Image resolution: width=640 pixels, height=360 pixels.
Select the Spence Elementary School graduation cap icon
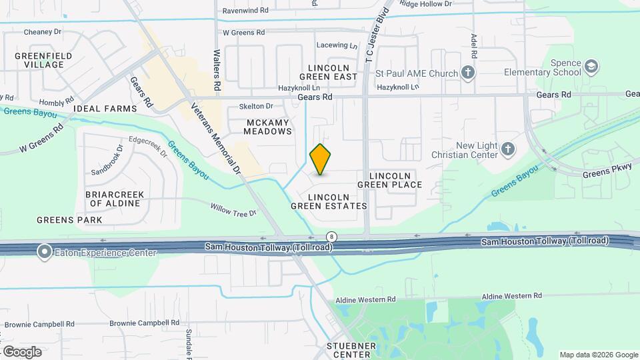click(x=591, y=67)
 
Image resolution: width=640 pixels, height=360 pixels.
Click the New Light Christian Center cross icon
click(x=507, y=149)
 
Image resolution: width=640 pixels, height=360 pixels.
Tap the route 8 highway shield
click(x=331, y=237)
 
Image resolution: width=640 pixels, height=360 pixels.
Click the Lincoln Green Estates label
click(x=329, y=202)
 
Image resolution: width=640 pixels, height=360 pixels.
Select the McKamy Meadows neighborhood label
click(x=269, y=127)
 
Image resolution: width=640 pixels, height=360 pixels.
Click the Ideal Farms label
click(x=105, y=108)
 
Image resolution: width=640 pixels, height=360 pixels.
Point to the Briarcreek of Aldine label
click(x=115, y=198)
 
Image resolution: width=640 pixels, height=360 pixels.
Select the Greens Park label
click(x=69, y=219)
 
